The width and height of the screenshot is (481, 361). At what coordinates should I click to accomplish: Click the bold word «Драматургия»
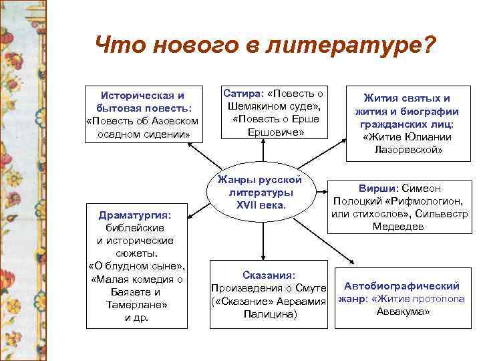click(135, 215)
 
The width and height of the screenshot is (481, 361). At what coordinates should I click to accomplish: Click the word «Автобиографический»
click(402, 286)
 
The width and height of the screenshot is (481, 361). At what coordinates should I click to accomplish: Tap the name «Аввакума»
click(404, 312)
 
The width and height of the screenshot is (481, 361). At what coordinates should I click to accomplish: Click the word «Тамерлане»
click(136, 304)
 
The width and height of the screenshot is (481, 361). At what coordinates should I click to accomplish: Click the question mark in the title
click(428, 45)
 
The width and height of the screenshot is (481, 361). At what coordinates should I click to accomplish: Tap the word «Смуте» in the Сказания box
click(313, 287)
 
